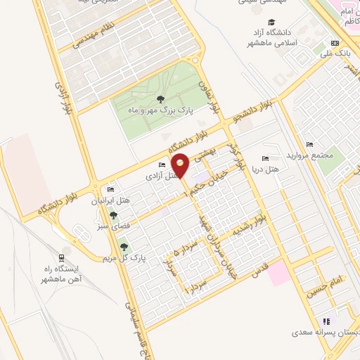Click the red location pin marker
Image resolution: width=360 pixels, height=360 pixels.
181,165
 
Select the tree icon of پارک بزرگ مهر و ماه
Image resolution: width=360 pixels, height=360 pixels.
161,99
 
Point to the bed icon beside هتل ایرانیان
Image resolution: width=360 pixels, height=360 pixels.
110,190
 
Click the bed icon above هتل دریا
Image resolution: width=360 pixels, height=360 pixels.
265,158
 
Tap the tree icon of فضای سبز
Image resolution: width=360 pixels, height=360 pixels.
112,216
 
